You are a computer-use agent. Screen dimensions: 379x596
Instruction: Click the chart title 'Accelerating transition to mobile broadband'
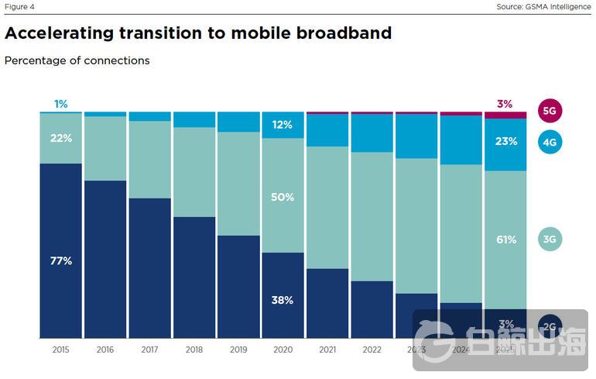tap(198, 33)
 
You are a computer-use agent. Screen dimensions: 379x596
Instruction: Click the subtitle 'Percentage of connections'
tap(77, 60)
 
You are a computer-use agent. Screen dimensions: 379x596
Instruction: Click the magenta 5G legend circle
tap(550, 111)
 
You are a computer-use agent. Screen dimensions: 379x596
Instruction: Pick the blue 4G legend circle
tap(550, 143)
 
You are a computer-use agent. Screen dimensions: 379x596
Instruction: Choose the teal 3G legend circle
tap(550, 239)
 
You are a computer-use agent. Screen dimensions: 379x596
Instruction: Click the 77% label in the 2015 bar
tap(61, 261)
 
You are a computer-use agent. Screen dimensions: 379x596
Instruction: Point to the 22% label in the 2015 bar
tap(61, 138)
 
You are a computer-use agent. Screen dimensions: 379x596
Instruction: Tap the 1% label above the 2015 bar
tap(61, 104)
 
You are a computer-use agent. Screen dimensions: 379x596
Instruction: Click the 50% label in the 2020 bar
tap(283, 198)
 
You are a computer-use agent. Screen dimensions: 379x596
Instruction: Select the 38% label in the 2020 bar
tap(283, 300)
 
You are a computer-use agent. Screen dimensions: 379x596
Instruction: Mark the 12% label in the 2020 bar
tap(283, 125)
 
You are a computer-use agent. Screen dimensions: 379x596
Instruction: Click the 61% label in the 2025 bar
tap(505, 239)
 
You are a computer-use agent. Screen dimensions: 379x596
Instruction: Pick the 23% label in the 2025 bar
tap(505, 142)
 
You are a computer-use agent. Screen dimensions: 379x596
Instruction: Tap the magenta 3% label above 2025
tap(505, 104)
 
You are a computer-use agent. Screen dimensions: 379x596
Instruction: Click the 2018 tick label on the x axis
tap(194, 350)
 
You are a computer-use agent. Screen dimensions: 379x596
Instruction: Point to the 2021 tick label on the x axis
tap(327, 350)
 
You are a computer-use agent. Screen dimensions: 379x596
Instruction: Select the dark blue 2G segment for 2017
tap(150, 267)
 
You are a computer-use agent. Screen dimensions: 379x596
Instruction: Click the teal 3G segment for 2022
tap(372, 217)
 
